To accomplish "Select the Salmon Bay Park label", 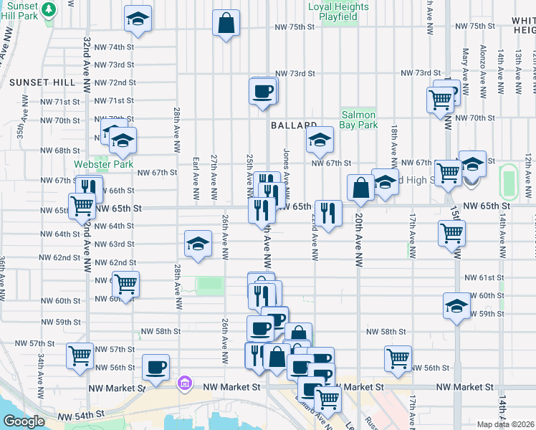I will click(x=359, y=120).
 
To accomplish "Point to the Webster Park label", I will click(x=104, y=164).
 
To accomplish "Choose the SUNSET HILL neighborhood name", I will click(x=42, y=82).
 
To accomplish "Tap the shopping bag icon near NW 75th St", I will click(x=226, y=23).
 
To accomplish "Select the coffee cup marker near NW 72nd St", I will click(x=262, y=92).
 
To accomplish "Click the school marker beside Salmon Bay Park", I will click(x=320, y=141).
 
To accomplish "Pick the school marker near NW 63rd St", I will click(x=198, y=244).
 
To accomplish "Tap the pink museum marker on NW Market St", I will click(x=186, y=383).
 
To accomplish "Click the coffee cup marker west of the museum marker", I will click(x=155, y=368).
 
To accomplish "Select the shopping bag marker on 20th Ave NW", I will click(x=361, y=188).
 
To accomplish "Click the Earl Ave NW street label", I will click(x=196, y=178).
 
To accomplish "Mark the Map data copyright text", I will click(x=505, y=424).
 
